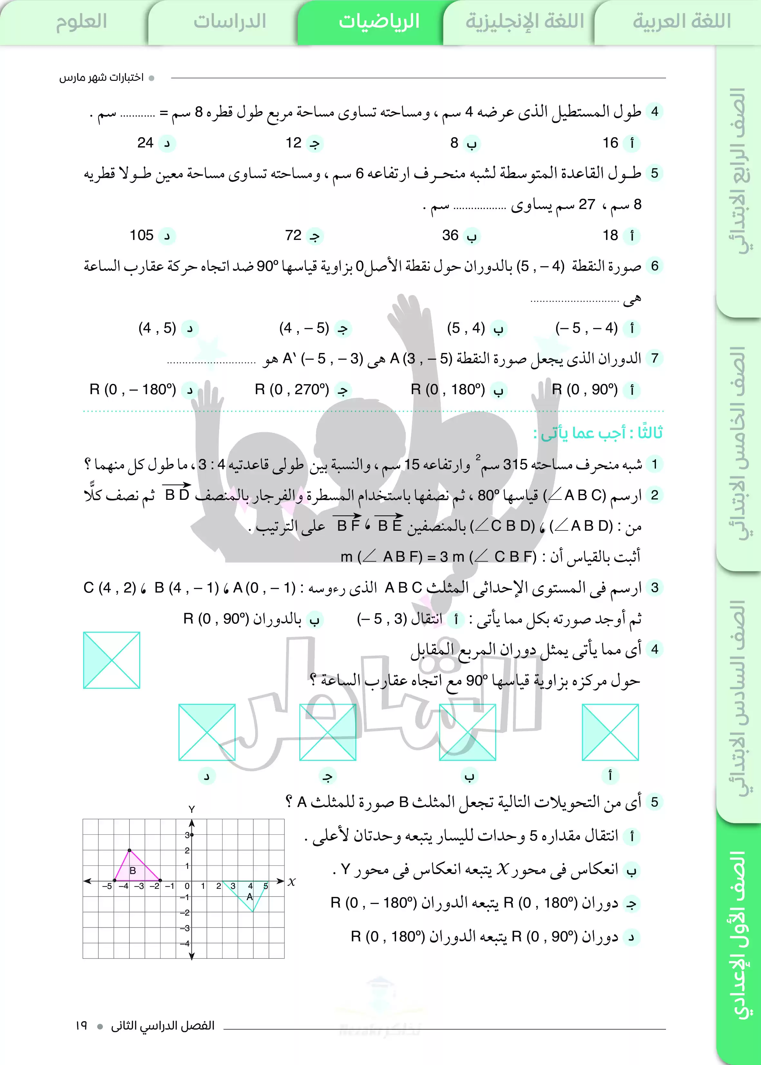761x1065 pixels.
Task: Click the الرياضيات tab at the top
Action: [x=379, y=22]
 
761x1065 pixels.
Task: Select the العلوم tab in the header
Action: [x=82, y=22]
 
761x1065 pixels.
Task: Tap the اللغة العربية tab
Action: [x=681, y=22]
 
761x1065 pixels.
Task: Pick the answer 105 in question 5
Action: [x=141, y=235]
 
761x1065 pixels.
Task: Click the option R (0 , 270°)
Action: [x=292, y=389]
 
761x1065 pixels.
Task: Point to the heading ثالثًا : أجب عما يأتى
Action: [x=598, y=433]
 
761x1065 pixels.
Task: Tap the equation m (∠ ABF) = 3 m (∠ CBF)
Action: [x=438, y=556]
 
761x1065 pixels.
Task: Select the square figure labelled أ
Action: [x=610, y=732]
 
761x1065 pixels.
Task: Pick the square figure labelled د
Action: [x=207, y=732]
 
